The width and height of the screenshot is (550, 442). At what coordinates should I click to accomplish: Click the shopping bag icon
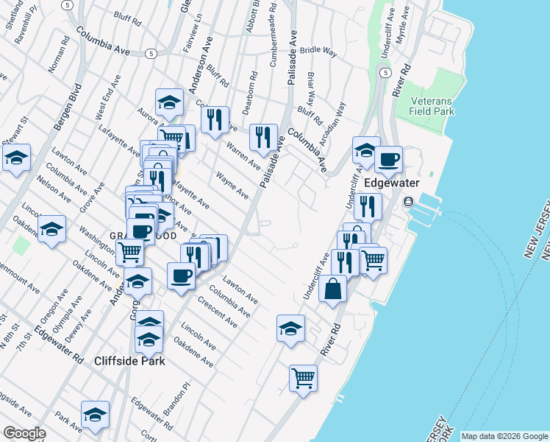(x=332, y=290)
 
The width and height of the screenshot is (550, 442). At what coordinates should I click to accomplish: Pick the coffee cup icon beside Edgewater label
(x=388, y=158)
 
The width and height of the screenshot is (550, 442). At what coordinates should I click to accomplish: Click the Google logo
(x=24, y=433)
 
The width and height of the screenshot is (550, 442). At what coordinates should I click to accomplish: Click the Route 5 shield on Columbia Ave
(x=150, y=53)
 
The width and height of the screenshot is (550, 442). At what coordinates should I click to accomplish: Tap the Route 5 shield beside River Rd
(x=385, y=72)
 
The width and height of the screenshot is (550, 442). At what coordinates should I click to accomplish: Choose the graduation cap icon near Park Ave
(x=95, y=415)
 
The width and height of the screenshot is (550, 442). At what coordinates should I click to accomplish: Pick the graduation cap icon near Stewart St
(x=15, y=157)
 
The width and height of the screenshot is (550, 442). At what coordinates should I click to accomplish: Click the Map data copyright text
(x=504, y=436)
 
